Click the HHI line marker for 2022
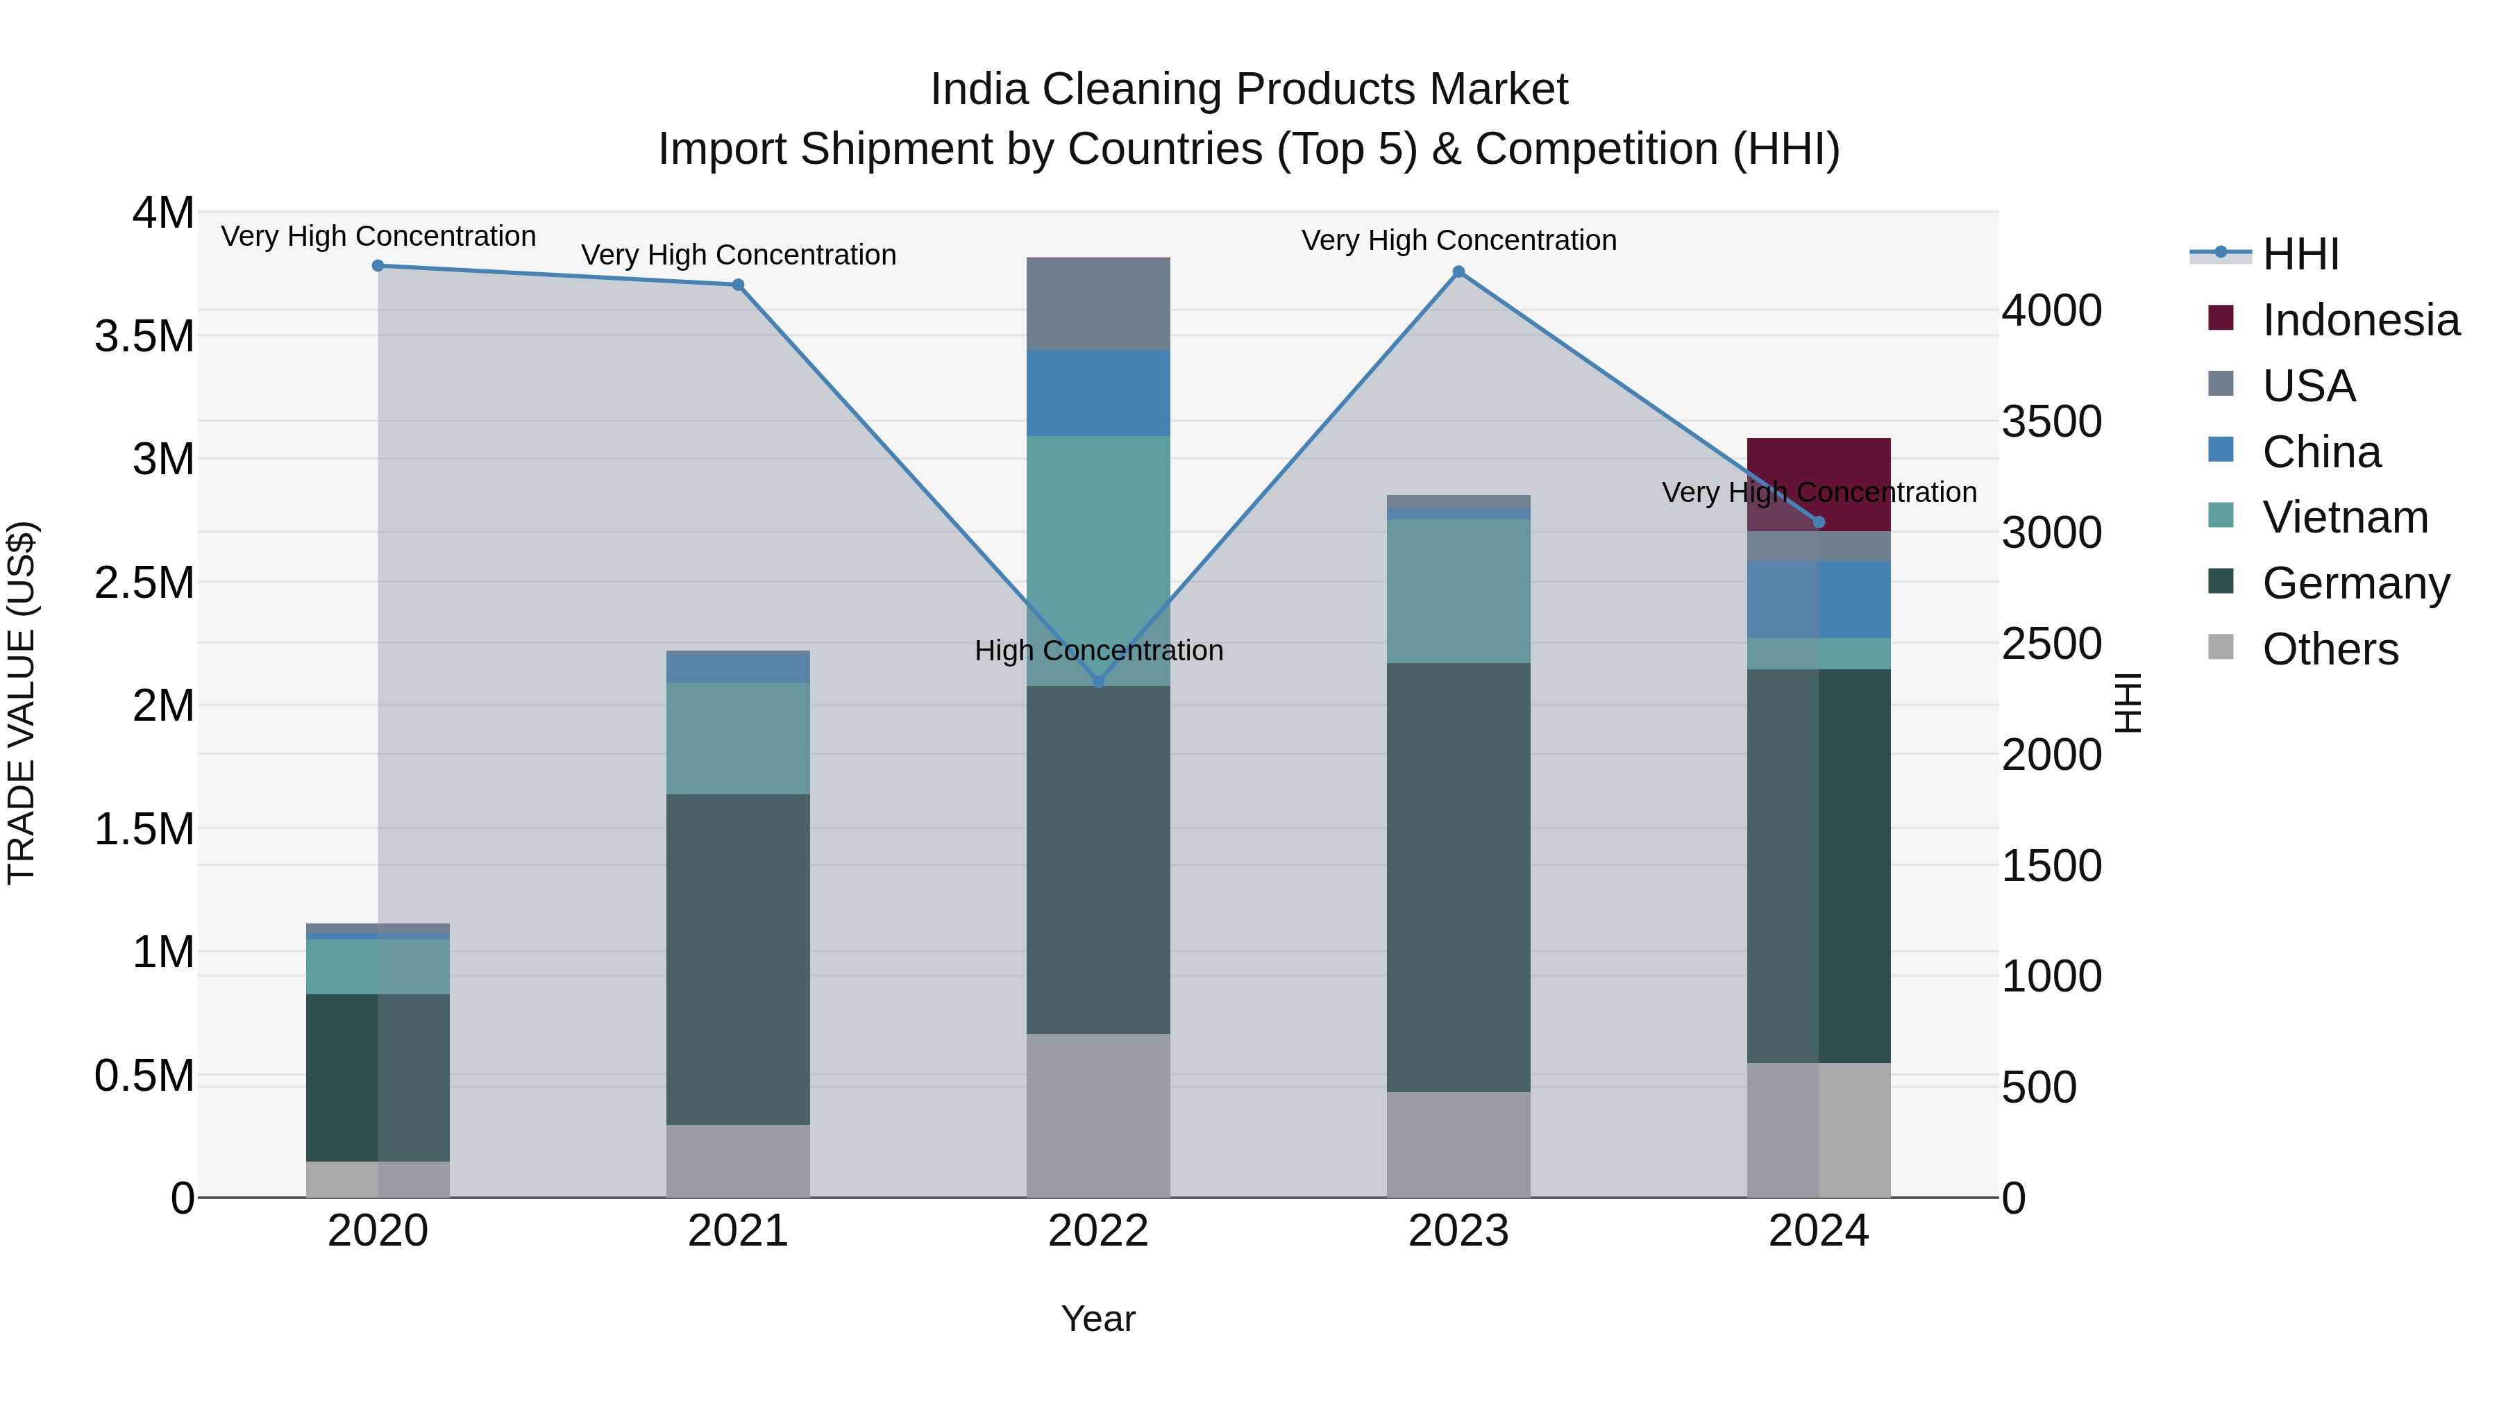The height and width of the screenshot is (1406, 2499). coord(1098,681)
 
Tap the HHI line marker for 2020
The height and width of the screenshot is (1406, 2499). coord(378,266)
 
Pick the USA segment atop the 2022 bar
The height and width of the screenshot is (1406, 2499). coord(1098,303)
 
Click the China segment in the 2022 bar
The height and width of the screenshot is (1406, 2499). coord(1098,393)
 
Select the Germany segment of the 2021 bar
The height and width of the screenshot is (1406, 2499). coord(737,959)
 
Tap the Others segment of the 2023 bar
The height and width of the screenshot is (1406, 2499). coord(1458,1144)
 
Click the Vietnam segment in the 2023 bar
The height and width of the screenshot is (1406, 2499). coord(1458,591)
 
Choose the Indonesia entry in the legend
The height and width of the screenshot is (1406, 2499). coord(2360,320)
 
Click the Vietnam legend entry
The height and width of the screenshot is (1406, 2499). coord(2345,517)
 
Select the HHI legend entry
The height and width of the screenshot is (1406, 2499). coord(2300,254)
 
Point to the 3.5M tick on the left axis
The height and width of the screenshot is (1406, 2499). coord(144,337)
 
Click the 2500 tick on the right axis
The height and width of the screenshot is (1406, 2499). coord(2051,644)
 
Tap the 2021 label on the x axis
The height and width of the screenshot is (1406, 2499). coord(737,1231)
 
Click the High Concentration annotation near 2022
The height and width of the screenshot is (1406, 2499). coord(1098,650)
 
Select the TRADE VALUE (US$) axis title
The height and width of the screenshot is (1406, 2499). coord(22,703)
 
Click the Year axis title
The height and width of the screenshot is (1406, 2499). coord(1097,1319)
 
